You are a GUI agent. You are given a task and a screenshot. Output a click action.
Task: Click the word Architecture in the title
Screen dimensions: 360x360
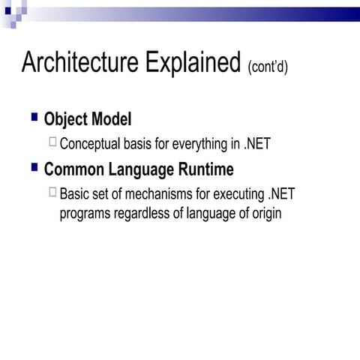point(75,63)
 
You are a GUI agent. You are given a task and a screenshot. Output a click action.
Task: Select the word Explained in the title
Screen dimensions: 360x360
point(187,63)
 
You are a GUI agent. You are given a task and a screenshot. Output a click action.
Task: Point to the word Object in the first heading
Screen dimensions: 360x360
point(66,119)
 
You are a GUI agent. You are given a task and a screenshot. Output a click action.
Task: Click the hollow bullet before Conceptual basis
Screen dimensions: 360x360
point(52,141)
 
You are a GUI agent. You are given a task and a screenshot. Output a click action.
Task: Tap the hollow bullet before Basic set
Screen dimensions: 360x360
point(52,192)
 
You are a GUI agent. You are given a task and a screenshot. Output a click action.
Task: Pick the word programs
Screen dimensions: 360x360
point(85,213)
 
